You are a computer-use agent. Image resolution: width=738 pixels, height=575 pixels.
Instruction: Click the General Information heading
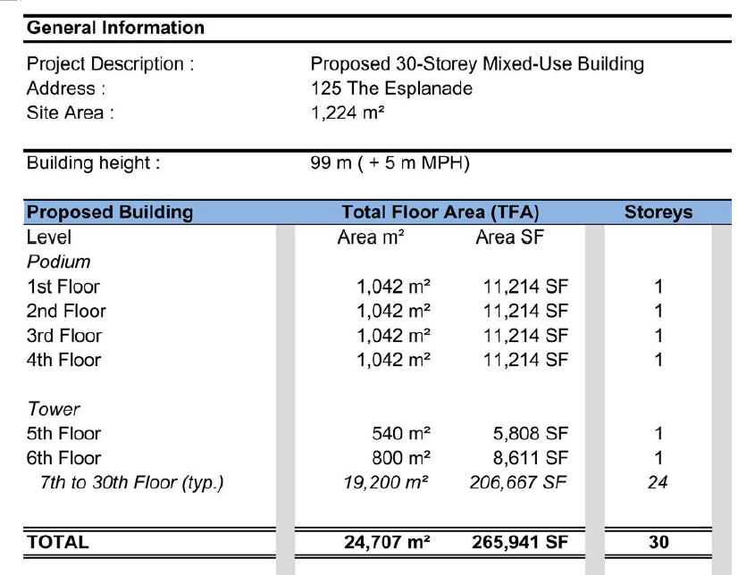116,28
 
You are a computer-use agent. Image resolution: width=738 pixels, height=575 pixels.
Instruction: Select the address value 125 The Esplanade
391,89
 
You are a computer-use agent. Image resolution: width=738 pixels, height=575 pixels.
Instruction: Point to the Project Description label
111,65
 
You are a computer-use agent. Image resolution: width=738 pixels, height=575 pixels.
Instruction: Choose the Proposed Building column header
111,213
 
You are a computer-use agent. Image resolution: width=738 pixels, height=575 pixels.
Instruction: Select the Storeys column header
658,213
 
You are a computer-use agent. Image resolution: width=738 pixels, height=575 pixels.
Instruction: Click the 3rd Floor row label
64,336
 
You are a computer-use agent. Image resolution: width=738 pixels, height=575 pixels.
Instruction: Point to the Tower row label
54,410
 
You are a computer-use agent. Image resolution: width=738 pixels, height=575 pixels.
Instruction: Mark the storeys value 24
658,483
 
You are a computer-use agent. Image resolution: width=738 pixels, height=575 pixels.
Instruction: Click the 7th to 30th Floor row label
130,483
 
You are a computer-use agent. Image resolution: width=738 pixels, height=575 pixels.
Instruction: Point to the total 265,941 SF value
520,542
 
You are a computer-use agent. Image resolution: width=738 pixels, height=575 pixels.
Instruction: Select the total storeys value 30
658,542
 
